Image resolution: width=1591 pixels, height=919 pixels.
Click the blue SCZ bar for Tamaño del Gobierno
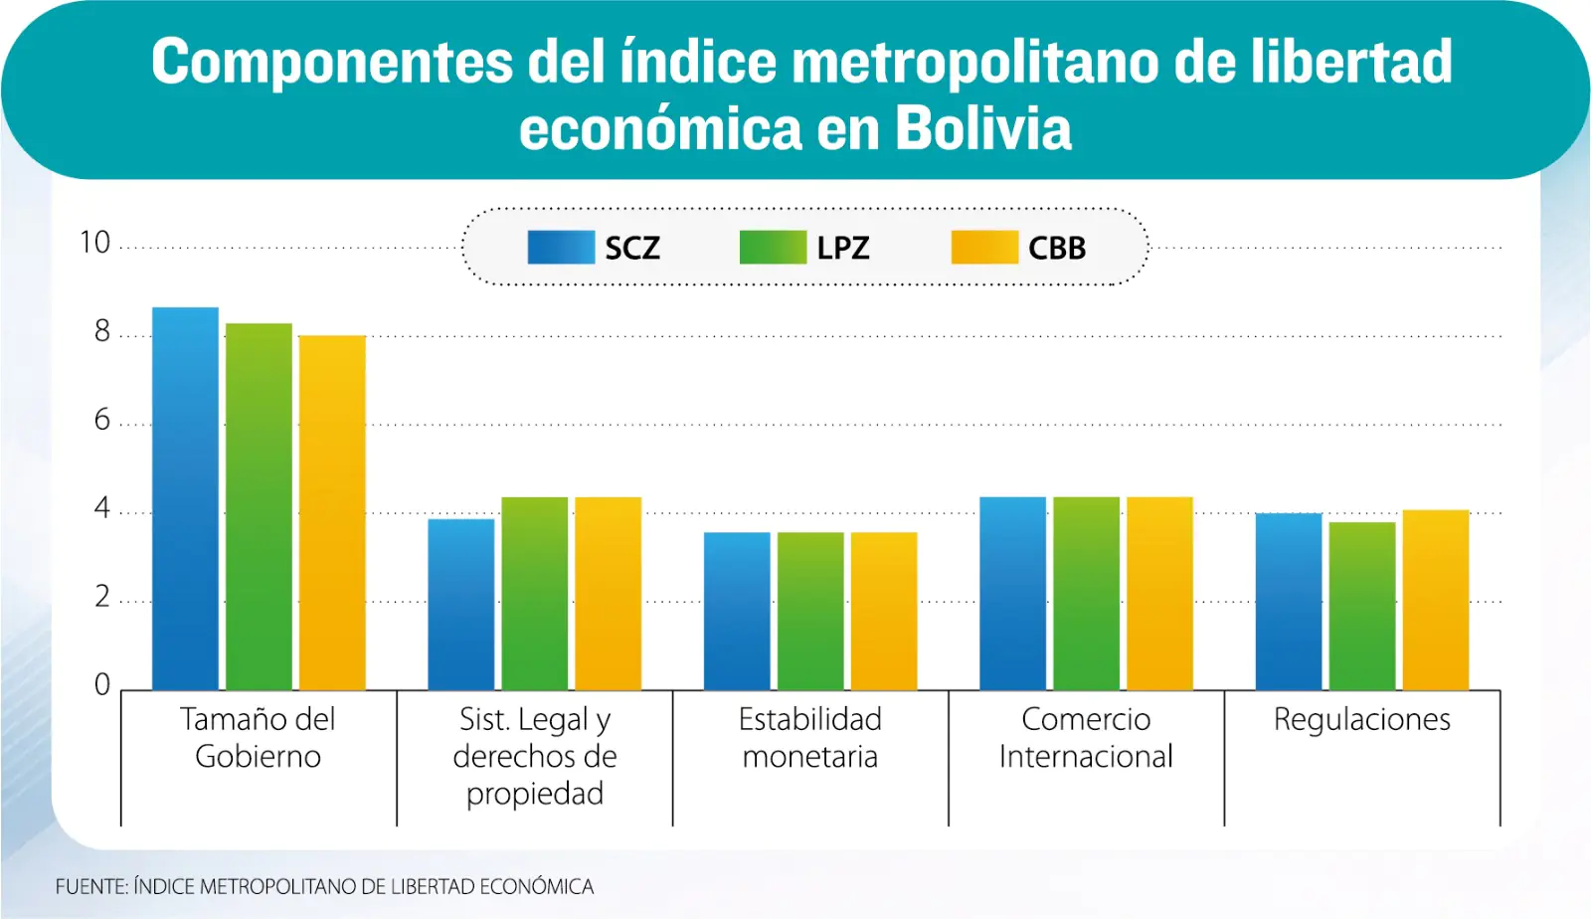coord(185,498)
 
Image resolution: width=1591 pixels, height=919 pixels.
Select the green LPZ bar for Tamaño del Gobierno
coord(259,506)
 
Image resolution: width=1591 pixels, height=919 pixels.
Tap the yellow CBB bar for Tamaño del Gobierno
coord(332,512)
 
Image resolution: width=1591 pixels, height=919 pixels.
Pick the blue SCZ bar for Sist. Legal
coord(461,604)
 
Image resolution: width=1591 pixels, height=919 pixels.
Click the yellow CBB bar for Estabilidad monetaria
coord(884,611)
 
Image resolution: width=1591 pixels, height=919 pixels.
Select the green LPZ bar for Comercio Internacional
coord(1086,593)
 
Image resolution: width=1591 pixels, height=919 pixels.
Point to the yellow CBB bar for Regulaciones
coord(1436,600)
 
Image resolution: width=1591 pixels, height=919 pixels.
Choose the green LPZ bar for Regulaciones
coord(1362,606)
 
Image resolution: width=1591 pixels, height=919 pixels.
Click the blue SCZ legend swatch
coord(561,248)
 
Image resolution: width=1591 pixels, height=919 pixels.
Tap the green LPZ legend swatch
coord(773,248)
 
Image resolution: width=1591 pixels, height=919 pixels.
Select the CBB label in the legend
coord(1057,248)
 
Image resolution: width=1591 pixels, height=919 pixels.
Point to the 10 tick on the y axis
coord(95,243)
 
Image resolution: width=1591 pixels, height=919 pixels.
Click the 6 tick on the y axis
coord(102,420)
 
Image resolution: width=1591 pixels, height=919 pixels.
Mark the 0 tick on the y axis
coord(102,684)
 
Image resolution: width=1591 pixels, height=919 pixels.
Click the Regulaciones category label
coord(1362,719)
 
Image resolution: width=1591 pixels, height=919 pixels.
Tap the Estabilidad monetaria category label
coord(810,737)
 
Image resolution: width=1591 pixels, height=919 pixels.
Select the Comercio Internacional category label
coord(1086,737)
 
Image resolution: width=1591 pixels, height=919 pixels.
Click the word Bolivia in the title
coord(983,129)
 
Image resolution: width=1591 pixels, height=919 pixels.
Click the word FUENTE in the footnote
coord(90,886)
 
